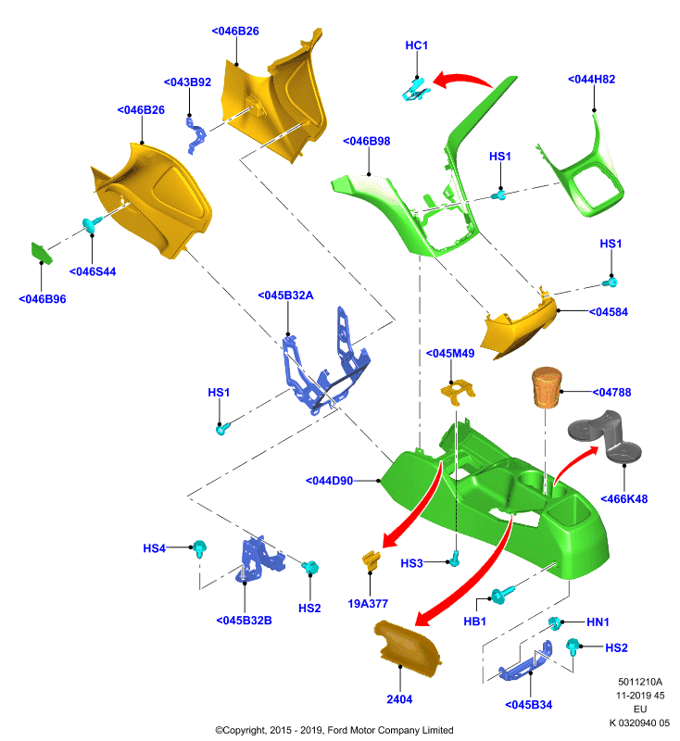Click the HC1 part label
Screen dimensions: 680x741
point(416,45)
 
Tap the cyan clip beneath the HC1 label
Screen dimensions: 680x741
point(416,90)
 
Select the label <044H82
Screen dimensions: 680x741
point(591,80)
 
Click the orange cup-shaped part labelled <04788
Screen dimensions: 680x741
point(547,387)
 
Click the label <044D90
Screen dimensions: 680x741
point(329,481)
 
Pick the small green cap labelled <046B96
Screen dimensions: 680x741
point(42,253)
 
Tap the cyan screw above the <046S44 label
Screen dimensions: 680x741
point(92,224)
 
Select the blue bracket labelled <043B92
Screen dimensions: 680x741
point(196,135)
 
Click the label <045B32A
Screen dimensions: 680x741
point(285,295)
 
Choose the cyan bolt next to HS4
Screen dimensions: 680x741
point(200,547)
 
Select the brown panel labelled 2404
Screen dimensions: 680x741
point(408,643)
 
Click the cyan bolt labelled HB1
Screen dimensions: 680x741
point(501,595)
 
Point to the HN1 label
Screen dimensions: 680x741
point(598,622)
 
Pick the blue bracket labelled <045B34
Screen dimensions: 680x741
point(525,661)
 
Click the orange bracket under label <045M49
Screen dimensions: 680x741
point(458,392)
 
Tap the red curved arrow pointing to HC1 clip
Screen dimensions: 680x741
point(462,80)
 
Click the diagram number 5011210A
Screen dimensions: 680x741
point(640,682)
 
